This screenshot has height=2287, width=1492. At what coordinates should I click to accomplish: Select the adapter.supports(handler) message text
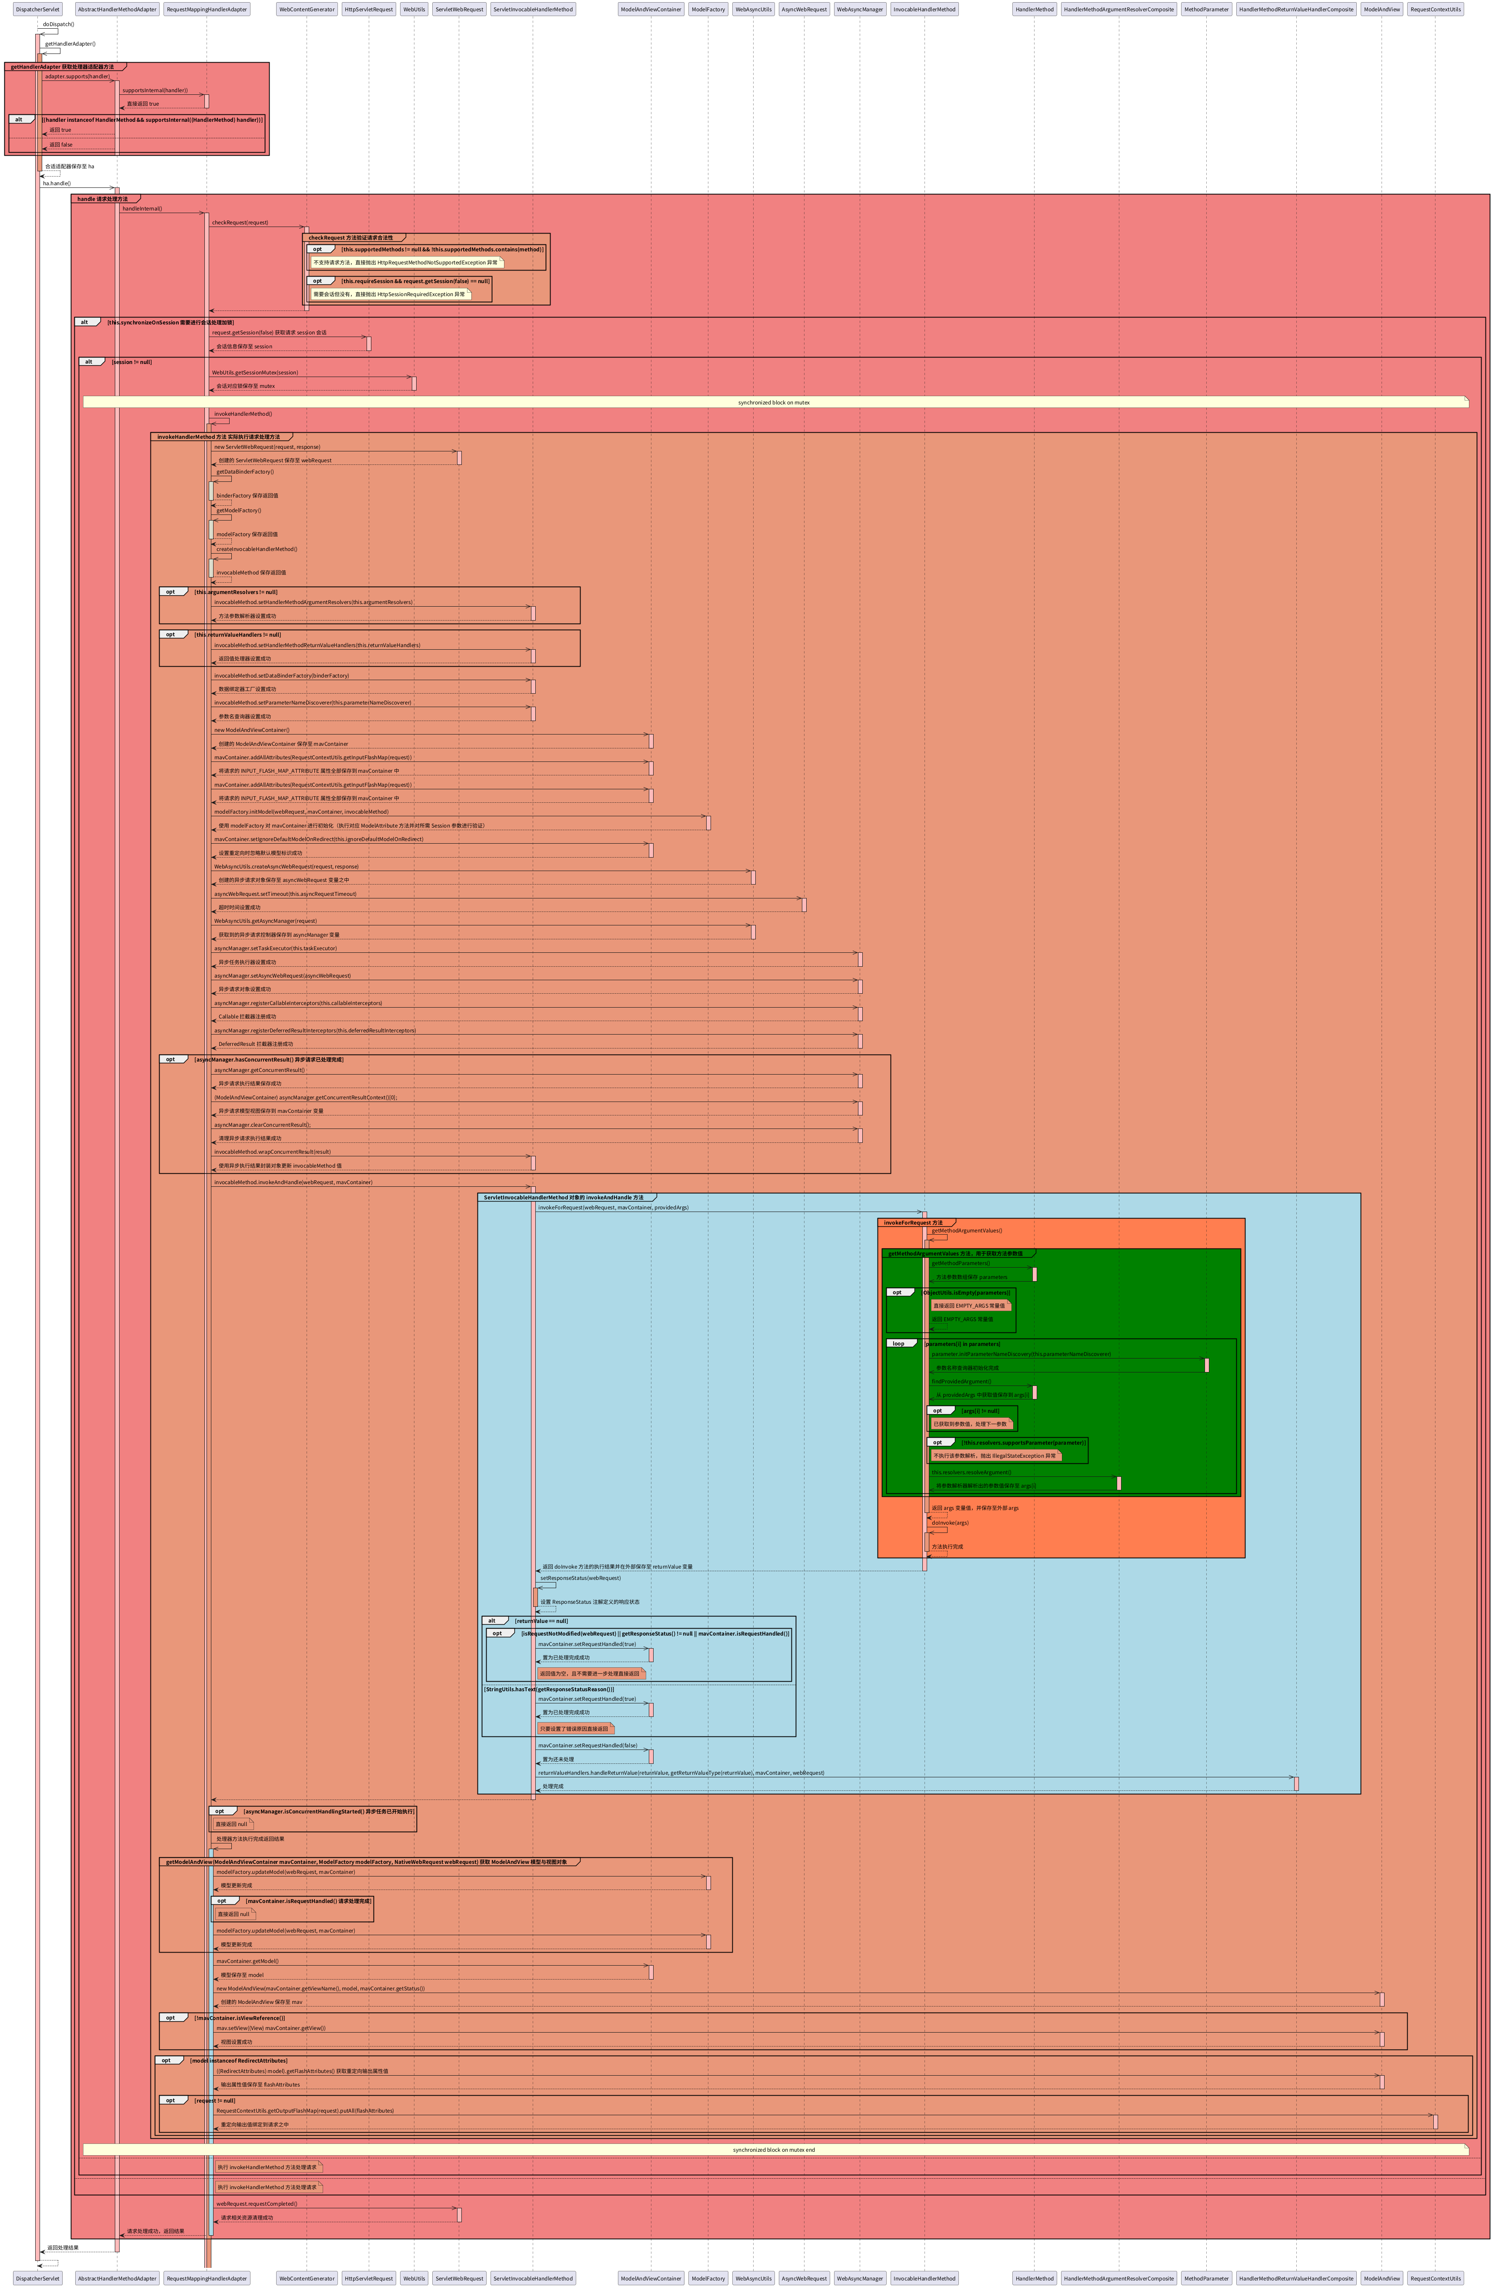77,76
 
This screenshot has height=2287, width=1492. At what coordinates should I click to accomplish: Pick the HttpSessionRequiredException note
389,294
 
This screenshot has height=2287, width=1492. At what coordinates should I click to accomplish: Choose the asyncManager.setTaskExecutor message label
276,948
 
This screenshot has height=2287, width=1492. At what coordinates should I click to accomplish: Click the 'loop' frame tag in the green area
898,1343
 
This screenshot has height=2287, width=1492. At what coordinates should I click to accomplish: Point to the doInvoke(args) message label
950,1522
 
